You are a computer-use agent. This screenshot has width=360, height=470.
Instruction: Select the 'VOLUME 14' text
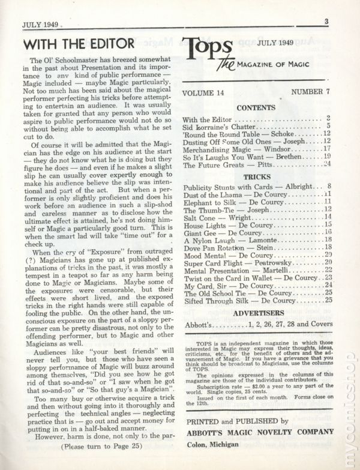pos(206,94)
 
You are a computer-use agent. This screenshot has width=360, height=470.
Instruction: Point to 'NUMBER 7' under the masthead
pos(311,94)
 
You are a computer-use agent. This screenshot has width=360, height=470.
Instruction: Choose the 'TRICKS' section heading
pos(256,177)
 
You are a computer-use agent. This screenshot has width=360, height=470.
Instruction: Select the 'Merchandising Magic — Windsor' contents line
pos(235,148)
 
